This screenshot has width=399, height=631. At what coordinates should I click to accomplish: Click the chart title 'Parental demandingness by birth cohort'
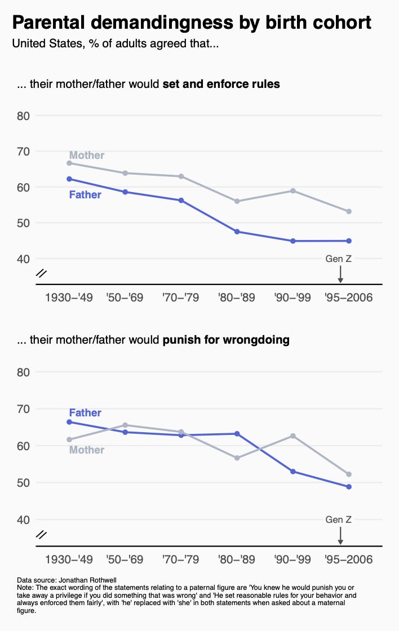[192, 23]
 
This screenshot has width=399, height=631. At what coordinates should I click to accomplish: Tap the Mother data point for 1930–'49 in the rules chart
[69, 163]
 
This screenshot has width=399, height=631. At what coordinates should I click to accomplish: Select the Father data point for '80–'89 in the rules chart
[237, 232]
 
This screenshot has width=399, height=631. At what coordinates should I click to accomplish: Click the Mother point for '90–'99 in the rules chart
[293, 190]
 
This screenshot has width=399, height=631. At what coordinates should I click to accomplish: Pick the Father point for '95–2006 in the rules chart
[349, 241]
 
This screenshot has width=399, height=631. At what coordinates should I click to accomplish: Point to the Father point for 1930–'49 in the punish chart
[69, 422]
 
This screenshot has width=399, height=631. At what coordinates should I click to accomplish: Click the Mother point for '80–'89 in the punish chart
[237, 458]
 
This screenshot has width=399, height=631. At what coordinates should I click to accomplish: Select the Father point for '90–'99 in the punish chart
[293, 472]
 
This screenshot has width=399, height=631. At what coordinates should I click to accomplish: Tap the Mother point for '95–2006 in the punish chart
[349, 474]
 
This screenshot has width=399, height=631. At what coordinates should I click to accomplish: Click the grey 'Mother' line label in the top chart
[86, 155]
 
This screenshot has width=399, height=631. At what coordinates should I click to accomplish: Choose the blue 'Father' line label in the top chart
[85, 195]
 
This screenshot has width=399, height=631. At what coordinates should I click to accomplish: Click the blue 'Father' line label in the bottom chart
[85, 413]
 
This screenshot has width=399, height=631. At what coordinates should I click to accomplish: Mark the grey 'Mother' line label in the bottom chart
[86, 450]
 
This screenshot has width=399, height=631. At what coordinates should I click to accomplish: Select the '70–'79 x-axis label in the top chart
[180, 297]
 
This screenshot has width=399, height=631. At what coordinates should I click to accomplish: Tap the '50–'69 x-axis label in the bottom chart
[125, 559]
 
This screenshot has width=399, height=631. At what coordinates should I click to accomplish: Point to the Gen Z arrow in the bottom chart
[340, 535]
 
